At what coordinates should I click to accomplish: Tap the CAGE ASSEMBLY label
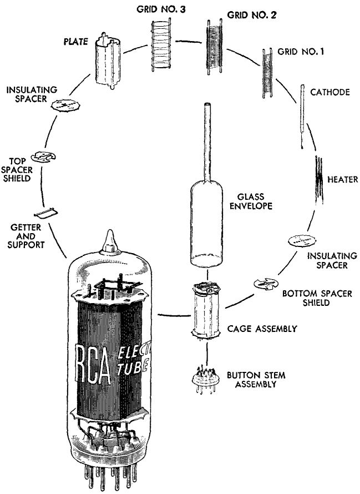click(261, 329)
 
